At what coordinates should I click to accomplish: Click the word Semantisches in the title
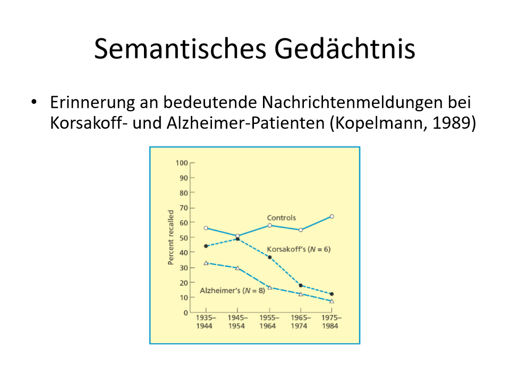[180, 48]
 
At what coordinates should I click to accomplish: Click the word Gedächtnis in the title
[345, 48]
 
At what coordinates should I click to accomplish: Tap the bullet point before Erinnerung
[34, 102]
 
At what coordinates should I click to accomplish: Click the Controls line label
[282, 218]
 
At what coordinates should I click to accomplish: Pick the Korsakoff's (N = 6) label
[299, 249]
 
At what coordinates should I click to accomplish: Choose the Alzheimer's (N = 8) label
[232, 290]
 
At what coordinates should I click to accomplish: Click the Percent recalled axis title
[171, 237]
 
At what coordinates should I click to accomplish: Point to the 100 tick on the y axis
[182, 163]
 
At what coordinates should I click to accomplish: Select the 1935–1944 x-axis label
[206, 322]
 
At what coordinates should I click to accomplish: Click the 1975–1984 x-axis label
[331, 322]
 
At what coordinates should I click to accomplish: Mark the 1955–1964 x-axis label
[269, 322]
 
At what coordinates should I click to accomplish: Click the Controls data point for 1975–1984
[331, 217]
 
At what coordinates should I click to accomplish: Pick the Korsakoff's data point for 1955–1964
[270, 257]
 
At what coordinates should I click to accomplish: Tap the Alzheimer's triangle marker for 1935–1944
[206, 263]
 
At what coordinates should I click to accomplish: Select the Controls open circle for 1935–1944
[206, 228]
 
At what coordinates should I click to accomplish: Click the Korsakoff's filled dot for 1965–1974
[301, 286]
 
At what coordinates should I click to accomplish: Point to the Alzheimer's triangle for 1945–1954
[237, 268]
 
